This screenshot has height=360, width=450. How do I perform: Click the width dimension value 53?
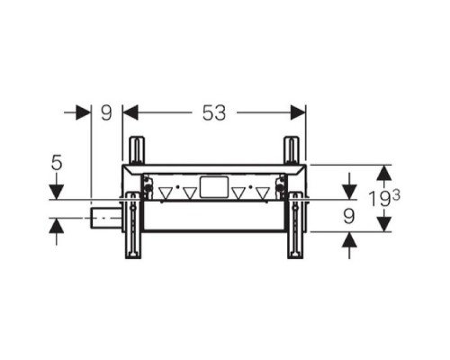[214, 113]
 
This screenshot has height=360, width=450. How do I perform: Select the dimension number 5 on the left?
[57, 163]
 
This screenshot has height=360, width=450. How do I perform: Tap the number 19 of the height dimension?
[380, 199]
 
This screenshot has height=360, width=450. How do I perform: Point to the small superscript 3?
[396, 196]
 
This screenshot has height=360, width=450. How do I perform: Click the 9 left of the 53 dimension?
[106, 113]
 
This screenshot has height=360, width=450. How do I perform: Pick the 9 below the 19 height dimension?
[349, 217]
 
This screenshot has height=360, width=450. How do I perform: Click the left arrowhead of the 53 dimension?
[130, 112]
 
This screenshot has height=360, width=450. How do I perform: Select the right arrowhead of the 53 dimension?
[298, 112]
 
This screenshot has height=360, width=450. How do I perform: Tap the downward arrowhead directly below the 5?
[57, 192]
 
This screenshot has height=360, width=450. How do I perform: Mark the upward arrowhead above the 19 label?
[384, 173]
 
